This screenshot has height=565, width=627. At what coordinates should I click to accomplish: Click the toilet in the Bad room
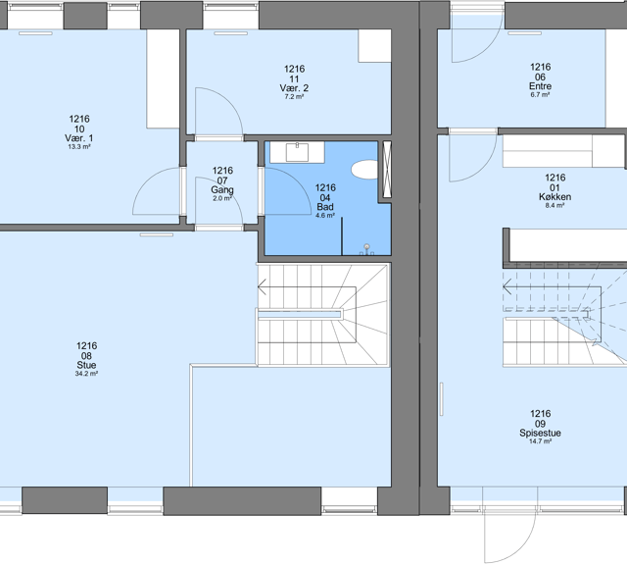[x=364, y=170]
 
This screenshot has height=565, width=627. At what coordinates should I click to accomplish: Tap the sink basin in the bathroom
[x=297, y=152]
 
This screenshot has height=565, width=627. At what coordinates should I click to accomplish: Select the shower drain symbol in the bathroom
[x=366, y=246]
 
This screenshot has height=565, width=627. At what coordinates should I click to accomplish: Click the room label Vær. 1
[x=79, y=138]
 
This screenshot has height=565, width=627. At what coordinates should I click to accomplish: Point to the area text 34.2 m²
[x=86, y=374]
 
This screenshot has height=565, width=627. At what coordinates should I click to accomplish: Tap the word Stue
[x=86, y=365]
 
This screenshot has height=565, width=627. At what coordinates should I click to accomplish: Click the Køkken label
[x=555, y=196]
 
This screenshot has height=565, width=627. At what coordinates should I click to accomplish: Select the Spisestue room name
[x=540, y=433]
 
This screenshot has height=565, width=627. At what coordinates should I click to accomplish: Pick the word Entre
[x=540, y=86]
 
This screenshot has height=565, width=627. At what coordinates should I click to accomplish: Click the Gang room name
[x=222, y=189]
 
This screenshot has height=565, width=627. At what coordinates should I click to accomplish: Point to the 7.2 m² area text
[x=294, y=96]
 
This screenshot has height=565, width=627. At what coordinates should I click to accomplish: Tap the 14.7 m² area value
[x=540, y=441]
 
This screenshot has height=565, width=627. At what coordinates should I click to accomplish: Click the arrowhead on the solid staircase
[x=261, y=286]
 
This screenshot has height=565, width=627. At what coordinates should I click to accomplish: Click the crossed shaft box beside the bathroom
[x=387, y=170]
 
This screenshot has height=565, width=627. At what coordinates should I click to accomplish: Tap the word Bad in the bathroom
[x=325, y=207]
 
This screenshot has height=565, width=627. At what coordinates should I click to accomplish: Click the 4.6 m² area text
[x=325, y=216]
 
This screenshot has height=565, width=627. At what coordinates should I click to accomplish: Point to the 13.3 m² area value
[x=79, y=147]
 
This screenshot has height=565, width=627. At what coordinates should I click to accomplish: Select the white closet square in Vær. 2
[x=374, y=46]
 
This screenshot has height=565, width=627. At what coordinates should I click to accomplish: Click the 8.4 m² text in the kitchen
[x=555, y=205]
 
